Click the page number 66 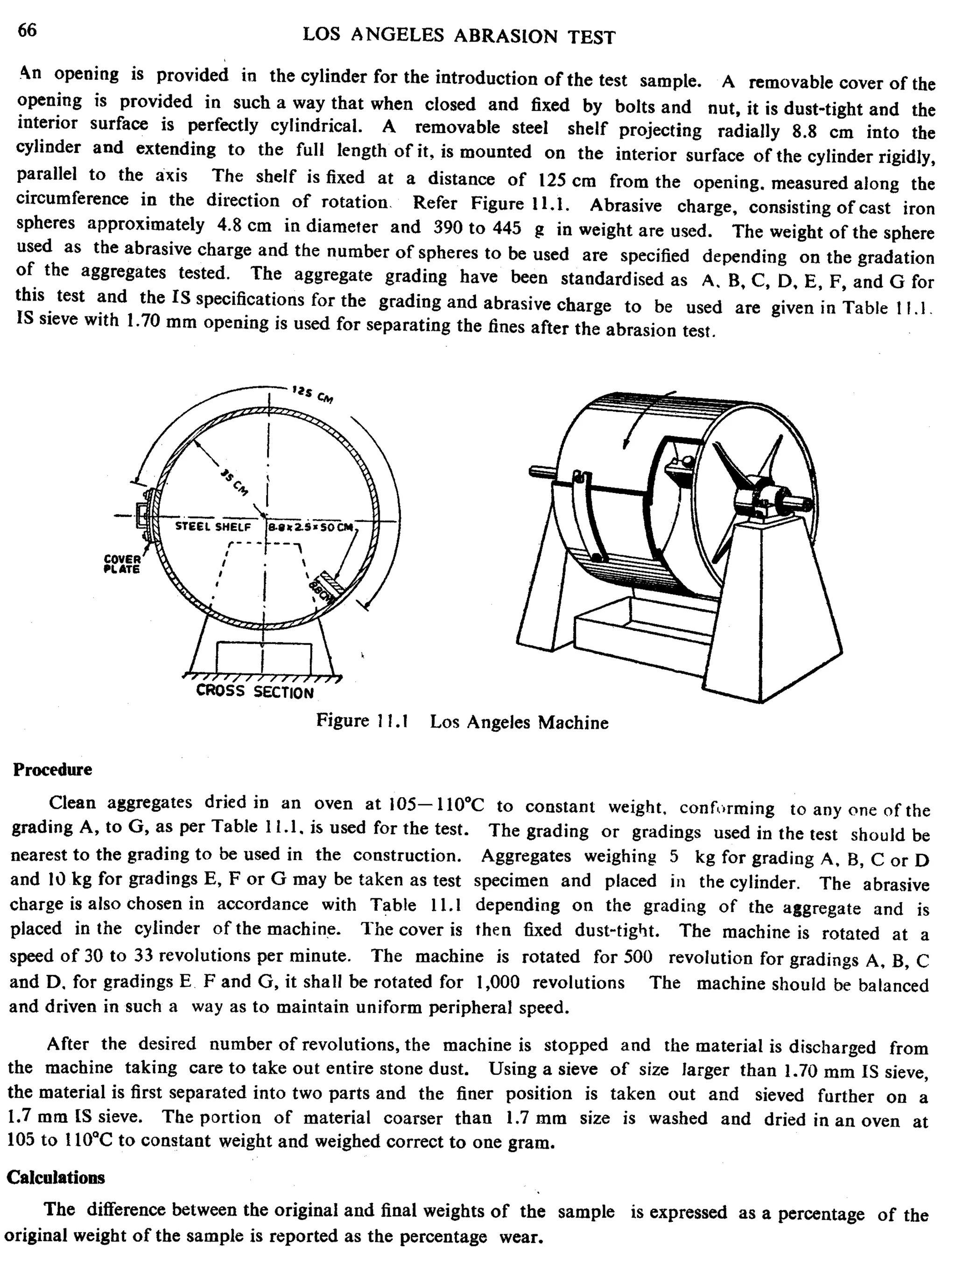pos(27,30)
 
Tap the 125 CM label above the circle pos(312,393)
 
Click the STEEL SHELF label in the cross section pos(212,526)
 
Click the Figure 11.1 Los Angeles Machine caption pos(462,722)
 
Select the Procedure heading pos(52,770)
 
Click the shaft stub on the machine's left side pos(542,472)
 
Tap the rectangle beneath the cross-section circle pos(264,658)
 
